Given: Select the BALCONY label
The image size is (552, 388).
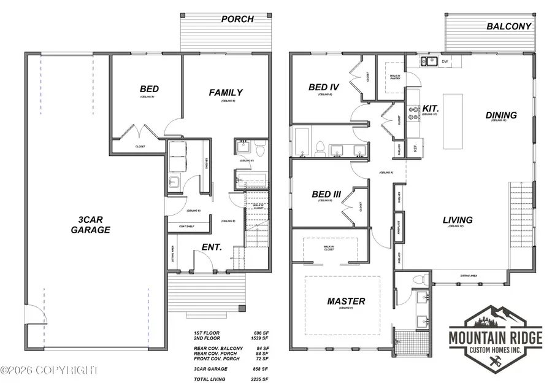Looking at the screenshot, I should (509, 26).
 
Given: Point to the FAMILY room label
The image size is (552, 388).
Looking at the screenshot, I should (226, 93).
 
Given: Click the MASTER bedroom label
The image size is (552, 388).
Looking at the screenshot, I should (346, 301).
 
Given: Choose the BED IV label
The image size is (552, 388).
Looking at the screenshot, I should (324, 88).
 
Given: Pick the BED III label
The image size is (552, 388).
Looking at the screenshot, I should (324, 195).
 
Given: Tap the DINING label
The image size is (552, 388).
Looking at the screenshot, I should (501, 115).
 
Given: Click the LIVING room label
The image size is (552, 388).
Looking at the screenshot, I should (458, 220).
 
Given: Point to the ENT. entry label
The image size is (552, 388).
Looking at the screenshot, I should (212, 248).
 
